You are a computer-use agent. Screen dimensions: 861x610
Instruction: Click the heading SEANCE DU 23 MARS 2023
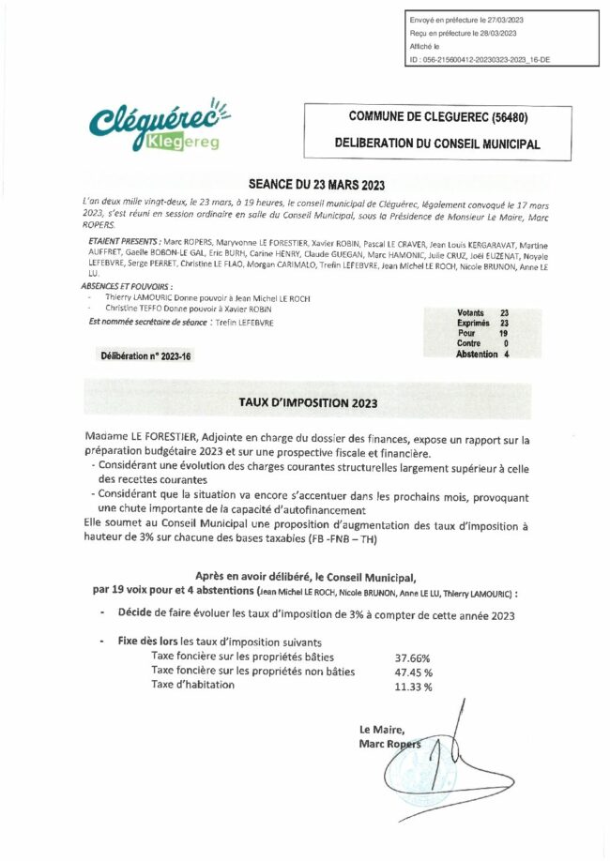tap(306, 186)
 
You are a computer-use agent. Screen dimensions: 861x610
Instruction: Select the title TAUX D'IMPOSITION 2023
tap(307, 402)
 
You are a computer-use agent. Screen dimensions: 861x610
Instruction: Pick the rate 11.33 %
tap(414, 687)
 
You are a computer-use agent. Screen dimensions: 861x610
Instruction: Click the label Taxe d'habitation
tap(193, 685)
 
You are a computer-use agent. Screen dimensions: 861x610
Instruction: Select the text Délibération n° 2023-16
tap(145, 356)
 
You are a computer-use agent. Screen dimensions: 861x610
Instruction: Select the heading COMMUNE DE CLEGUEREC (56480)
tap(436, 117)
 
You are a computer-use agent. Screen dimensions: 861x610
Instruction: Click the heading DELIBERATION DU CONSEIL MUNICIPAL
tap(436, 145)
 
